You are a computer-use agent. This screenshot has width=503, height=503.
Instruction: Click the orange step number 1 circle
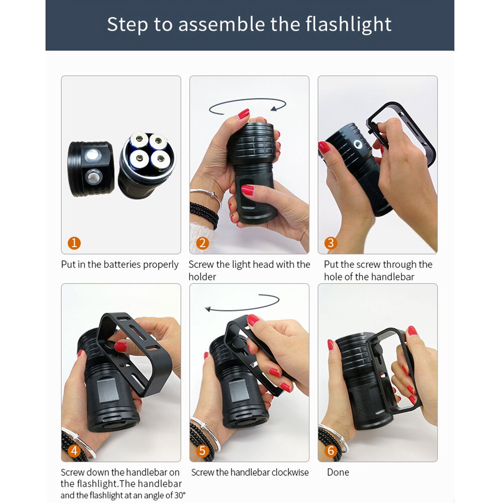[74, 243]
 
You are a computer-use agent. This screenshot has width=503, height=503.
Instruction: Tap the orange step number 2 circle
[203, 243]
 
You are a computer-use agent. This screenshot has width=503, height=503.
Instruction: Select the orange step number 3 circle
[331, 243]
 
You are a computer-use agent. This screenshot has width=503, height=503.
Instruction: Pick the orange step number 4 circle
[74, 451]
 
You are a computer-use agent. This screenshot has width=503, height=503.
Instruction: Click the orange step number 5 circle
[203, 451]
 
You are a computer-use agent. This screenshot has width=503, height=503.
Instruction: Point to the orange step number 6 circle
[331, 451]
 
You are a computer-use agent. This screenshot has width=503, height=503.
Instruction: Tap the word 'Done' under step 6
[338, 472]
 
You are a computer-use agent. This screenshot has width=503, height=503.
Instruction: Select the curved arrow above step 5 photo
[242, 304]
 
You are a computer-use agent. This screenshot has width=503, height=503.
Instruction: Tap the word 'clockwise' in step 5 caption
[290, 472]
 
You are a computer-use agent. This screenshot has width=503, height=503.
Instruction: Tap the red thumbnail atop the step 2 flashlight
[244, 114]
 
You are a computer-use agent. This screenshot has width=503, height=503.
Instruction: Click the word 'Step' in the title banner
[126, 24]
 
